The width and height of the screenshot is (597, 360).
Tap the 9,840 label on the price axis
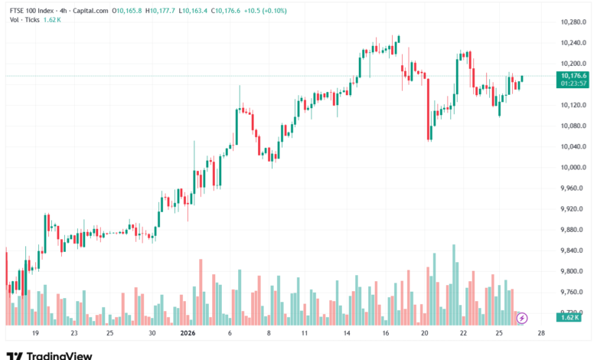pos(573,250)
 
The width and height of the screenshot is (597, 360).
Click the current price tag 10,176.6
pos(573,76)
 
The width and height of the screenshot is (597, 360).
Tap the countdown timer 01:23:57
pos(573,83)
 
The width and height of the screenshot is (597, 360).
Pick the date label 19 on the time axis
pos(35,334)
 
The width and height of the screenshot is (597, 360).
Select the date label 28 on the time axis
pos(541,334)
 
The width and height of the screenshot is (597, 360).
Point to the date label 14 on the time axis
pos(346,334)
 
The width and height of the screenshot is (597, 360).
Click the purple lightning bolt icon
pos(522,317)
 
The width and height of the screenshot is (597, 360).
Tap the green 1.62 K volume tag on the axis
pos(569,317)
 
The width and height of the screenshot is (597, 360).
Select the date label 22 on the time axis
pos(463,334)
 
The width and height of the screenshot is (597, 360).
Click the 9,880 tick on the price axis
pos(573,230)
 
